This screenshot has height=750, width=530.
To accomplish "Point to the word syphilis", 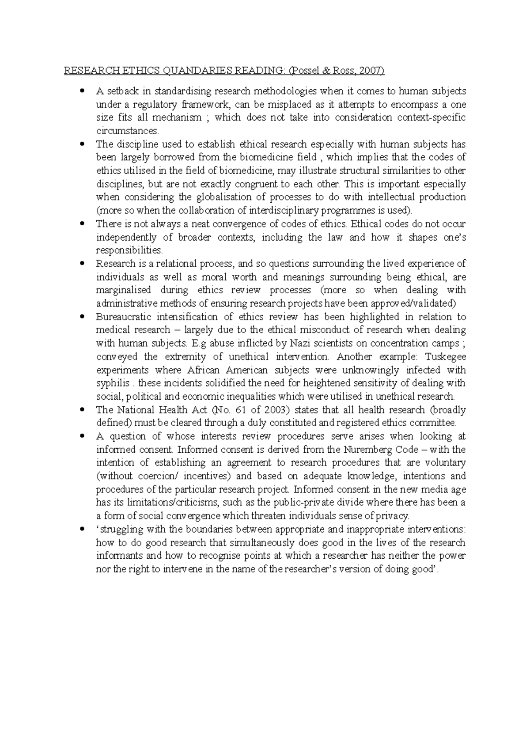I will pos(113,383).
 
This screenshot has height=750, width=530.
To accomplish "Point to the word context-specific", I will pos(431,118).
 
